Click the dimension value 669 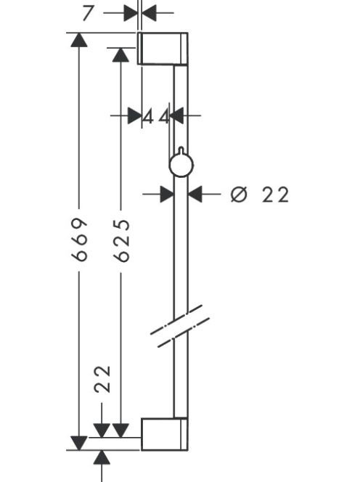coord(79,240)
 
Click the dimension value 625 coord(121,240)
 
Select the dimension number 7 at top coord(88,13)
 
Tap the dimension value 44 coord(157,116)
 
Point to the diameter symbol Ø coord(239,195)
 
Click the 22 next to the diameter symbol coord(276,195)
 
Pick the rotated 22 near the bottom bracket coord(102,380)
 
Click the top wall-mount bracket coord(163,48)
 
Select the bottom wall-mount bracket coord(164,434)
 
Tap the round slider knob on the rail coord(181,165)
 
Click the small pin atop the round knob coord(181,150)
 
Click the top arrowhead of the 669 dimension coord(79,40)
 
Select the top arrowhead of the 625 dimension coord(120,54)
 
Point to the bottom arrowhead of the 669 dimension coord(79,443)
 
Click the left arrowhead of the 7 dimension coord(131,13)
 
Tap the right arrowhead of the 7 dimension coord(149,13)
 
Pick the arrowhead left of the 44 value coord(135,115)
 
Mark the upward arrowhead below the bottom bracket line coord(102,457)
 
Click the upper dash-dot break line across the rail coord(176,319)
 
